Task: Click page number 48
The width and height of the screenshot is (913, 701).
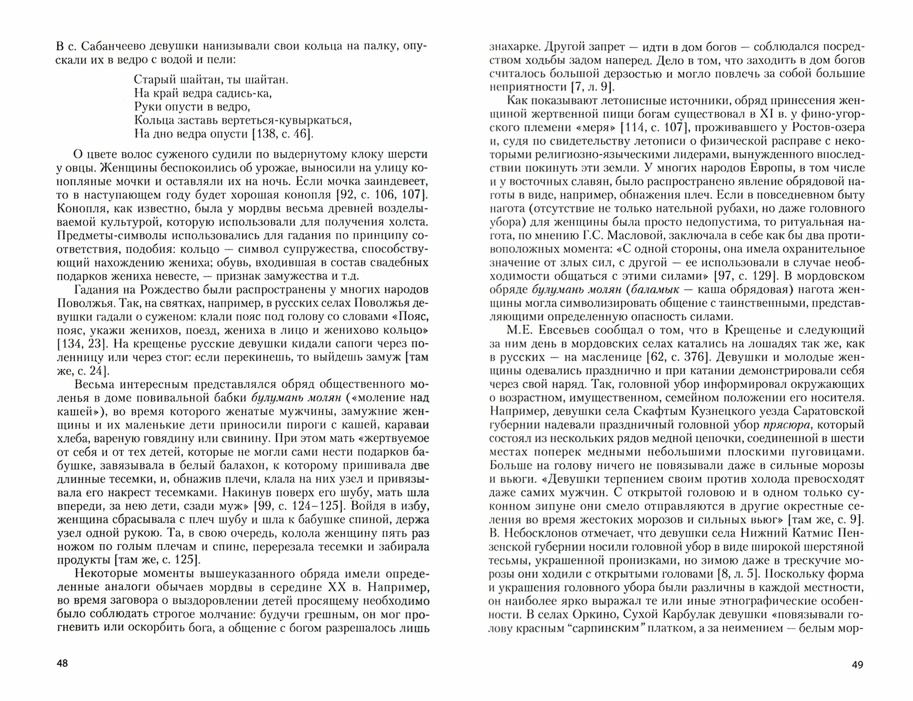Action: click(x=62, y=663)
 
